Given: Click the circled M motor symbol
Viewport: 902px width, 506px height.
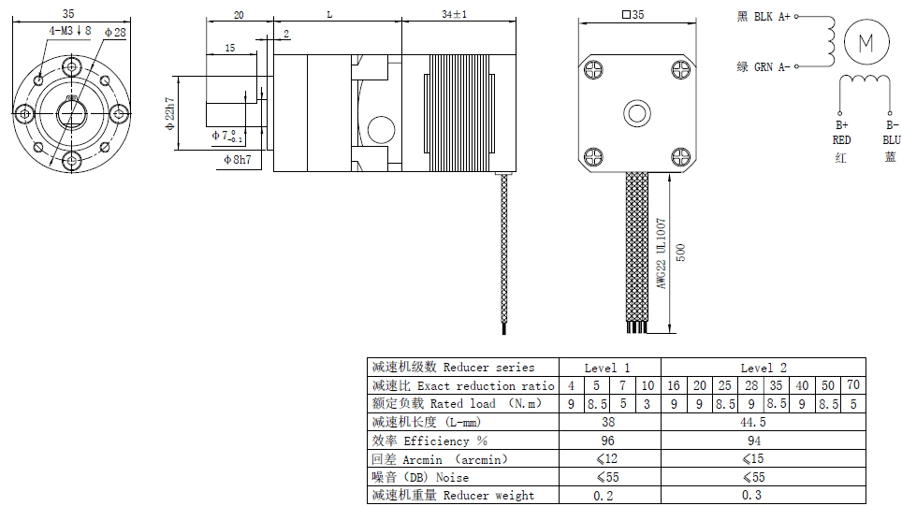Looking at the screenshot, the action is [x=866, y=42].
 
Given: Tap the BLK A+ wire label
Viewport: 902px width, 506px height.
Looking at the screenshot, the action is [x=772, y=17].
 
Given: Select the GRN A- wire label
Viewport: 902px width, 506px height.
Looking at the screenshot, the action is [x=772, y=67].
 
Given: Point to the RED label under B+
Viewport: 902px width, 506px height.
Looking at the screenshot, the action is [x=841, y=139].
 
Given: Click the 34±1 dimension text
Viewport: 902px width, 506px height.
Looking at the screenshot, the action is [x=455, y=14].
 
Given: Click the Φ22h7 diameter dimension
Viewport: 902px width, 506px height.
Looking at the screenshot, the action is [x=169, y=113].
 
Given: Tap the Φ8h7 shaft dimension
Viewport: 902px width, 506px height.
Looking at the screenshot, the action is [x=238, y=159].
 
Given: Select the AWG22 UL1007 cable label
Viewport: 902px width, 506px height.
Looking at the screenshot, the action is [x=661, y=253].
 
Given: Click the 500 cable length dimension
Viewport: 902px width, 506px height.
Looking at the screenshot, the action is [x=680, y=253].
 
